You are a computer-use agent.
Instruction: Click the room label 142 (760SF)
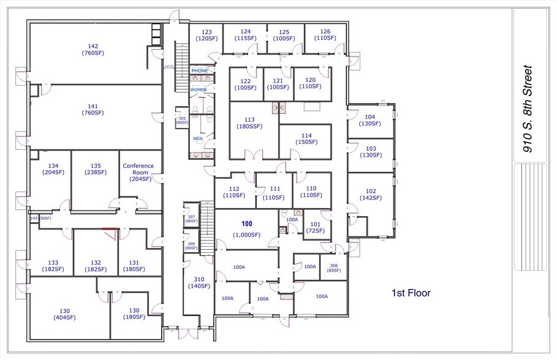93,50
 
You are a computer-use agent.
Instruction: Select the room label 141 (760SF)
93,110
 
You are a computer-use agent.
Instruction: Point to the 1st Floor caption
411,293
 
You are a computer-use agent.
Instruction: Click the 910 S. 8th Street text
526,110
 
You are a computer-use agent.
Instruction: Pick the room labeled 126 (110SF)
325,35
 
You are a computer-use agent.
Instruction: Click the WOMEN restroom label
199,90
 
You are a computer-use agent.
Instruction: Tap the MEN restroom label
198,139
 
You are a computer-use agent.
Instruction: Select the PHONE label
200,71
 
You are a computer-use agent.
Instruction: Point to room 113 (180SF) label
249,123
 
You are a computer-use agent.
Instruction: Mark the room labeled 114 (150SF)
306,139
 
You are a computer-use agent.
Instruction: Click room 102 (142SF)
370,194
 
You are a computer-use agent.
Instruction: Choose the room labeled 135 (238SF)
95,169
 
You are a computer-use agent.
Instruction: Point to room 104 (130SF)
369,121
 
